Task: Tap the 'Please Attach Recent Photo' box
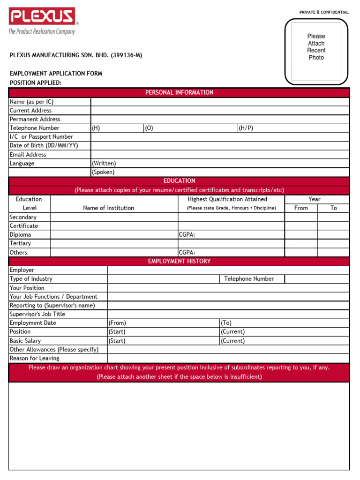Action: coord(316,51)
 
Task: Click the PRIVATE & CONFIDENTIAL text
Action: coord(324,12)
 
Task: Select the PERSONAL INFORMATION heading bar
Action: coord(179,92)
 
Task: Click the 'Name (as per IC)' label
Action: coord(31,102)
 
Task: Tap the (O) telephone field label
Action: coord(149,128)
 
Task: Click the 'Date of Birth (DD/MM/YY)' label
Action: coord(44,146)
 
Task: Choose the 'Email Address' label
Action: coord(28,155)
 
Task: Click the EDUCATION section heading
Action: coord(179,181)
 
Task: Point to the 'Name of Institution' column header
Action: coord(108,208)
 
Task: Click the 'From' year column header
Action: coord(301,208)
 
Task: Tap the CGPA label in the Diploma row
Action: coord(187,235)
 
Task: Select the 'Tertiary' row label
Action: coord(20,244)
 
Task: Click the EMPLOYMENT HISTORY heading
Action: coord(179,262)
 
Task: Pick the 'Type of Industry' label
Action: coord(31,279)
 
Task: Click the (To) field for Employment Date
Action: coord(226,323)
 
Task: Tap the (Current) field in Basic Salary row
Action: coord(232,341)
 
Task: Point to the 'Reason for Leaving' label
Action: coord(34,359)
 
